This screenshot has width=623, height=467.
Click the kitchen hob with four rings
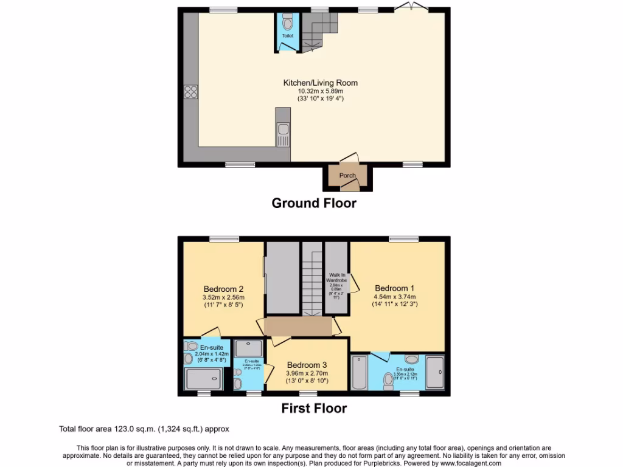click(190, 92)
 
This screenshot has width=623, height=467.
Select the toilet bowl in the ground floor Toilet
click(288, 21)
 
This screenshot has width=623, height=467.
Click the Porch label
click(347, 176)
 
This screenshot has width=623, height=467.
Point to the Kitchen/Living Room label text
click(320, 83)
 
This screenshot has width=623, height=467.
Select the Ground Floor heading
click(314, 203)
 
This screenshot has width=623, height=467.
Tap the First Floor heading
click(314, 408)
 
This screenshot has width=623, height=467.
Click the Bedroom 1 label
click(391, 288)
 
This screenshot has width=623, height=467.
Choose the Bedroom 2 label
click(223, 289)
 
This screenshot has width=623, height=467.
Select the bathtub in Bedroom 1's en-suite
click(359, 372)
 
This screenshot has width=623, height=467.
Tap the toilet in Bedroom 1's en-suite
click(387, 380)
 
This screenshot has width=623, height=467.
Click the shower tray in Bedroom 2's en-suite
click(203, 379)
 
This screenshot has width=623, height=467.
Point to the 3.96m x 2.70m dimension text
click(307, 373)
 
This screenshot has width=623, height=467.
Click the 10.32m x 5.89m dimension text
click(320, 91)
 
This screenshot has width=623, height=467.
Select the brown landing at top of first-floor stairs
click(298, 326)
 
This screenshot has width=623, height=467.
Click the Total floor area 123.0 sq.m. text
click(144, 429)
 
